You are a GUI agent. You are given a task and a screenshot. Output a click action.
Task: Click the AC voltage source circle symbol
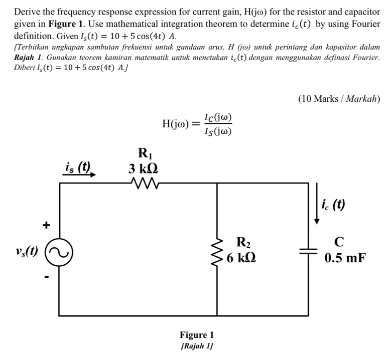59,250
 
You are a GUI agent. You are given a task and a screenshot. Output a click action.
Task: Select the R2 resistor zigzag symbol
217,251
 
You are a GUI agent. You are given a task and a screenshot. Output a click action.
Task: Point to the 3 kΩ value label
145,167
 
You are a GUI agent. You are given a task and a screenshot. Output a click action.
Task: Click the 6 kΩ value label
243,259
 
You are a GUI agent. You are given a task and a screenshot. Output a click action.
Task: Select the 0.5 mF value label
345,259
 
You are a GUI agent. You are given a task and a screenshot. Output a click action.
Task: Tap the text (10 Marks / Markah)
339,98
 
